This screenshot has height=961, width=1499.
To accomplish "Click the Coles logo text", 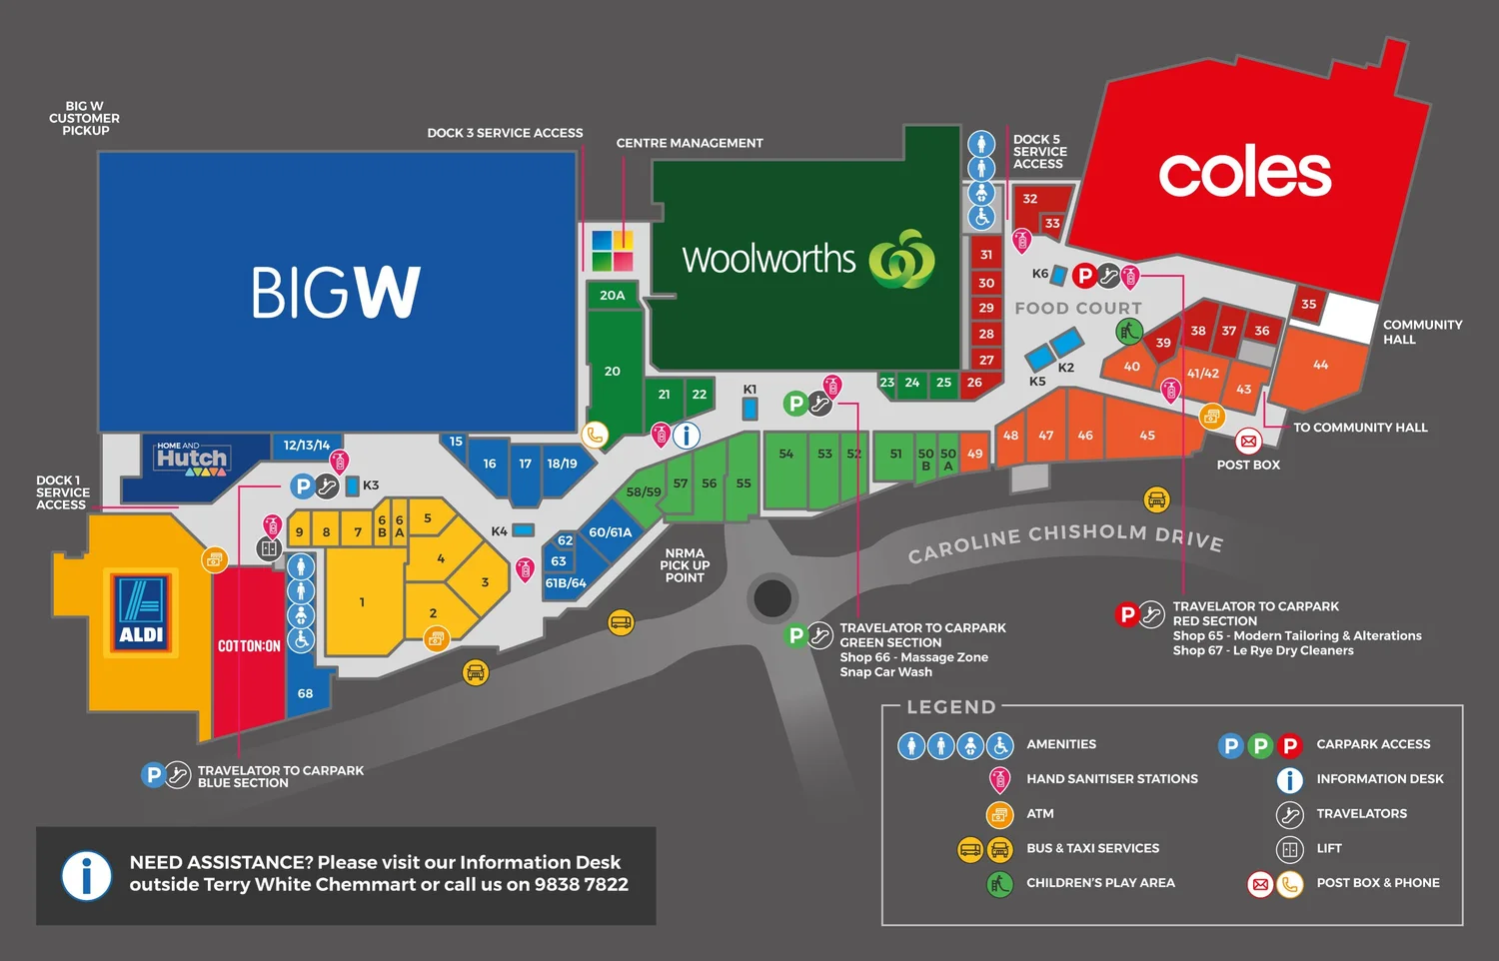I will (x=1244, y=173).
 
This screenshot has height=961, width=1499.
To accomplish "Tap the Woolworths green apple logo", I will (x=901, y=259).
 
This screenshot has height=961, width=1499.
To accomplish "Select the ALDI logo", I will (x=142, y=612).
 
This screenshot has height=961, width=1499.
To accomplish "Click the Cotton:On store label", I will (x=249, y=646).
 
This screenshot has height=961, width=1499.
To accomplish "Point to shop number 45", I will (x=1147, y=436).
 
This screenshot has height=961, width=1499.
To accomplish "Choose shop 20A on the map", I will (x=612, y=296).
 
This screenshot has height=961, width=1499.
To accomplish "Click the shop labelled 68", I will (x=305, y=693).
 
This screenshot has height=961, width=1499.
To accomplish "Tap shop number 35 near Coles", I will (x=1308, y=304).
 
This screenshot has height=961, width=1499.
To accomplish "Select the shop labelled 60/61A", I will (x=610, y=532).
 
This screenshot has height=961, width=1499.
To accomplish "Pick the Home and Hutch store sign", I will (x=191, y=459).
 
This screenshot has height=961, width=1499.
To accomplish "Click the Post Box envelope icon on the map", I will (x=1248, y=441).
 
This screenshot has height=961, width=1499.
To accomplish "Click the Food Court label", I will (x=1077, y=309).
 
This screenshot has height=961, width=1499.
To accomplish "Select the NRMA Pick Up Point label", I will (x=685, y=565).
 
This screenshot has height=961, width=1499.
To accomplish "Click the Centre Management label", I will (x=689, y=143).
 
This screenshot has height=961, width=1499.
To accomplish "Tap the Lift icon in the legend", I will (x=1289, y=849).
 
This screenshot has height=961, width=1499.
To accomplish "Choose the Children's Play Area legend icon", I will (x=999, y=883).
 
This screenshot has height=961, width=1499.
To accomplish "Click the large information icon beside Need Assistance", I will (x=87, y=876).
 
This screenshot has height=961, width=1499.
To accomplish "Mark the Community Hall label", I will (x=1421, y=332).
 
